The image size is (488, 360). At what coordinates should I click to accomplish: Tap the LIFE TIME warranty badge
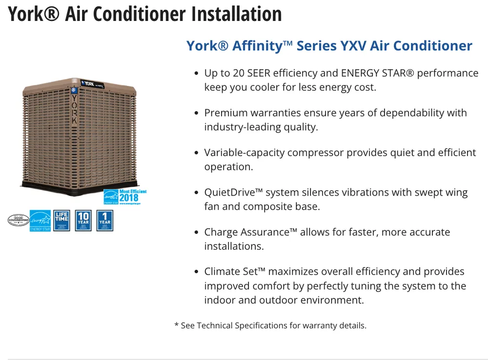coord(61,220)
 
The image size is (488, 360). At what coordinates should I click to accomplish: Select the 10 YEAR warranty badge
coord(83,220)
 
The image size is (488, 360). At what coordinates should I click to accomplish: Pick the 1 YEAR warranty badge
coord(105,220)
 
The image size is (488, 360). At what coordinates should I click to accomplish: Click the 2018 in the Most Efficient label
coord(128,198)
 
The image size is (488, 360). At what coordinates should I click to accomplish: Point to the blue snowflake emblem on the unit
coord(74,91)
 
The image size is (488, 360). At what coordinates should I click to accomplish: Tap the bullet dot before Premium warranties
coord(196,113)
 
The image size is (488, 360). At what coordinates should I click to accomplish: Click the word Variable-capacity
coord(244,153)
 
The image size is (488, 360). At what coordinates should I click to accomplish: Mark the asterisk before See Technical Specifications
coord(176,325)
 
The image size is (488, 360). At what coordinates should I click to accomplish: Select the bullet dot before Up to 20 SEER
coord(196,74)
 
